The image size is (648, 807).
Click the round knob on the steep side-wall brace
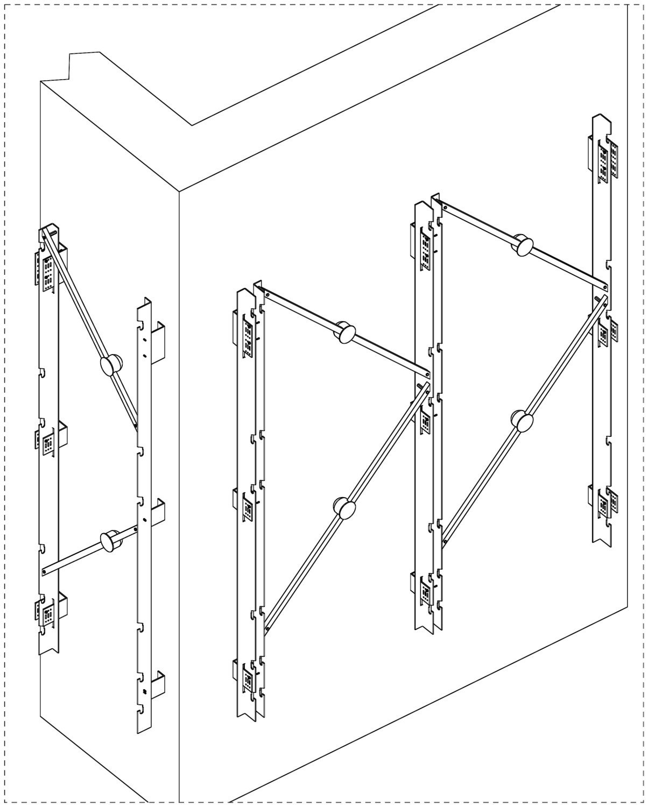point(111,365)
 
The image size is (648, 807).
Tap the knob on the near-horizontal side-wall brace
point(111,540)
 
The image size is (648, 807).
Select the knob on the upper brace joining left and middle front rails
point(345,332)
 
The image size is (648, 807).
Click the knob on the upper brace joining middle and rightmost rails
point(523,245)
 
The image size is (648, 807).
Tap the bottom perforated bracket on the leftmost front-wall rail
point(248,678)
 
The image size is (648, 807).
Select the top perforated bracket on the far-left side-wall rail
point(47,269)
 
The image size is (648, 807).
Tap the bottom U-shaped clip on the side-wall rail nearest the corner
point(157,686)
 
